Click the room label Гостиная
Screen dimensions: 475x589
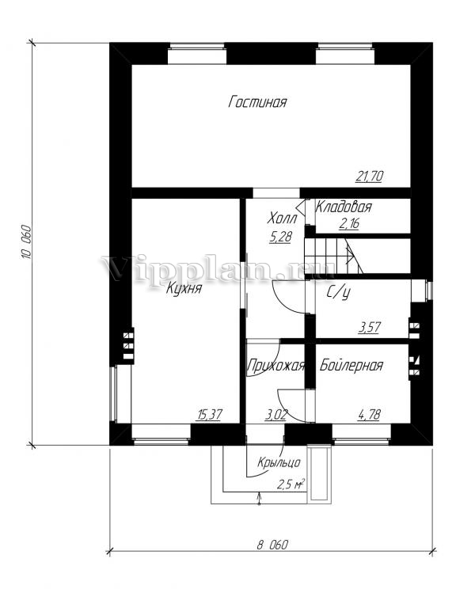(x=257, y=102)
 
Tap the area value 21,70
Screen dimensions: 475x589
(x=369, y=177)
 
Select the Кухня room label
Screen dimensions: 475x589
(x=184, y=289)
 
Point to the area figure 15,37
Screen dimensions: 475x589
(x=210, y=415)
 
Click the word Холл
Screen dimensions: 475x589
(x=282, y=218)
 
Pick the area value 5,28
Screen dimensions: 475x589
(x=280, y=237)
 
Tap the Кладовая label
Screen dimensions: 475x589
(x=344, y=207)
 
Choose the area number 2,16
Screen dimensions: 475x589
(x=349, y=223)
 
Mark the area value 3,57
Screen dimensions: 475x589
(x=370, y=327)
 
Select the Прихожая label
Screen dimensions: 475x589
(x=275, y=366)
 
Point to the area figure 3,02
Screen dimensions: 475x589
(x=276, y=415)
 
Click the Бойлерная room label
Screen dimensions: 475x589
(x=351, y=366)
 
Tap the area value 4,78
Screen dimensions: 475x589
(x=370, y=415)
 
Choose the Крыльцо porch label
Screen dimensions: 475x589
(x=279, y=462)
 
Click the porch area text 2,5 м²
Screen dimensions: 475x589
(x=291, y=484)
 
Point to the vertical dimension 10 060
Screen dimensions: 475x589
(x=25, y=242)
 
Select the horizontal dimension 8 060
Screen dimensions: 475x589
(x=272, y=545)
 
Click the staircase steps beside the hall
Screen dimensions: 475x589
(x=333, y=257)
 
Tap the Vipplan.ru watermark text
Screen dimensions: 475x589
(x=218, y=268)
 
